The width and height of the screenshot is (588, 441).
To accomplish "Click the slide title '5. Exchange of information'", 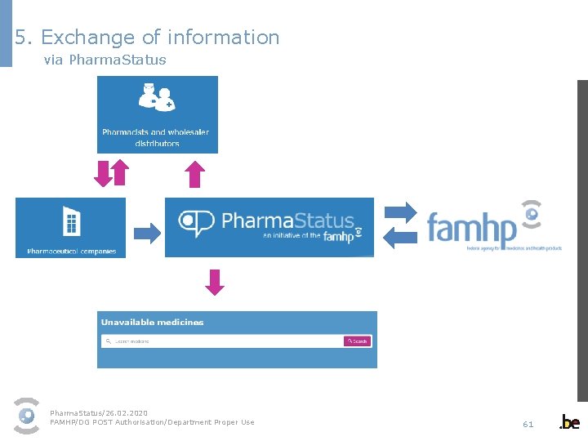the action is click(x=147, y=38).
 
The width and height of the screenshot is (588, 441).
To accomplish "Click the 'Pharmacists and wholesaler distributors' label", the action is click(x=156, y=137).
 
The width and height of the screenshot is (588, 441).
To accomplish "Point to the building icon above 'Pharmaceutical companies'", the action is click(x=71, y=220).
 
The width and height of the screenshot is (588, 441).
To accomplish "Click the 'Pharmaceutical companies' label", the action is click(x=71, y=252).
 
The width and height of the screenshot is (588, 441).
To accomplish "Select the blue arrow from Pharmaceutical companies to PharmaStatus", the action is click(x=147, y=233).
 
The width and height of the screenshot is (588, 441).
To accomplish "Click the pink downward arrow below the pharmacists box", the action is click(x=102, y=173).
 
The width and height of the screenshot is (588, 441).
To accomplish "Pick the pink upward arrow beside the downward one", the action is click(x=119, y=173).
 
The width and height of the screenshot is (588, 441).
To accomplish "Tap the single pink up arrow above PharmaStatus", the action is click(x=194, y=174).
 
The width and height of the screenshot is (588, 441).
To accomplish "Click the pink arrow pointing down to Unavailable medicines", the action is click(x=214, y=283).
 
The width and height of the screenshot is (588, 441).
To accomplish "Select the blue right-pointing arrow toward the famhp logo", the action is click(x=399, y=211).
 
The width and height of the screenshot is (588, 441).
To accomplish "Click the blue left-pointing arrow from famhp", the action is click(x=399, y=238).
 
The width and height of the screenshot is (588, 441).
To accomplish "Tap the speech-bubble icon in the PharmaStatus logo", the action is click(x=196, y=222).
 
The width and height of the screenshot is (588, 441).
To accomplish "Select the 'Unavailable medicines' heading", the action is click(x=152, y=323).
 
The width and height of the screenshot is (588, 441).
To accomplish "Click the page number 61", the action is click(x=528, y=424).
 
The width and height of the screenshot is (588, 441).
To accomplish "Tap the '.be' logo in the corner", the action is click(x=569, y=422).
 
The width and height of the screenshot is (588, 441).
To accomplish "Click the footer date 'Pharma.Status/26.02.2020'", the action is click(x=99, y=413).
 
